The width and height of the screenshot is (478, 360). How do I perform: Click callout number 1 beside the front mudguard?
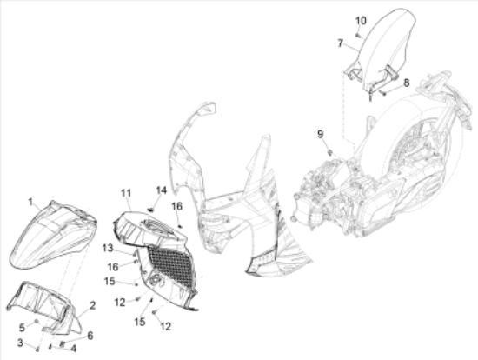tap(30, 202)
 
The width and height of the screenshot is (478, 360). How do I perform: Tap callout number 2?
tap(93, 305)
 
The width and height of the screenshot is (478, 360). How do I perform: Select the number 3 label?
tap(20, 343)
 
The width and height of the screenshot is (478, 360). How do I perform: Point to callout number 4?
tap(73, 349)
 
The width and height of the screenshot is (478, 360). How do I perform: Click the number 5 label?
tap(22, 328)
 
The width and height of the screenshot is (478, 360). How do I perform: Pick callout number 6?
tap(90, 336)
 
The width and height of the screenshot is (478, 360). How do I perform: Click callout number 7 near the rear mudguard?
tap(341, 43)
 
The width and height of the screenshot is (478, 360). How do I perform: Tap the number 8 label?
tap(407, 83)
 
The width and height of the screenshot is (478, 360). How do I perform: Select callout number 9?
tap(320, 134)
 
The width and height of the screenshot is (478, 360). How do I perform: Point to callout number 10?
tap(361, 21)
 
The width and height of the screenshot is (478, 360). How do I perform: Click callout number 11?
tap(126, 193)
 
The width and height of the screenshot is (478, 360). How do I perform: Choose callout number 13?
tap(108, 248)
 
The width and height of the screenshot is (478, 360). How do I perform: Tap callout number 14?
tap(162, 190)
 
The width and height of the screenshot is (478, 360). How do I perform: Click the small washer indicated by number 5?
tap(37, 321)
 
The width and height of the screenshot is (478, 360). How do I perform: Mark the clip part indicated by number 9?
tap(329, 151)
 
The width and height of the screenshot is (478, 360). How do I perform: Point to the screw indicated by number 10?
tap(358, 36)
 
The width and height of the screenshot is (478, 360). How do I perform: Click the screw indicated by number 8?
tap(383, 93)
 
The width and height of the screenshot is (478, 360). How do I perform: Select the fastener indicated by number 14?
tap(151, 210)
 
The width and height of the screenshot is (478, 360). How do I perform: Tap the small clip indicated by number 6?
tap(63, 343)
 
